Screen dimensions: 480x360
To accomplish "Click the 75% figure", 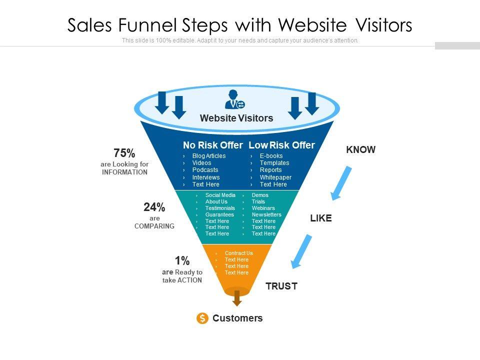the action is pyautogui.click(x=124, y=153).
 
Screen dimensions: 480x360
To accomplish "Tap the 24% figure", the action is pyautogui.click(x=154, y=207).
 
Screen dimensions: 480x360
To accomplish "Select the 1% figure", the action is pyautogui.click(x=182, y=260).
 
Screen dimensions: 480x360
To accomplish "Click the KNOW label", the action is pyautogui.click(x=360, y=149).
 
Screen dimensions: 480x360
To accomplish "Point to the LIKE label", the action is pyautogui.click(x=321, y=218).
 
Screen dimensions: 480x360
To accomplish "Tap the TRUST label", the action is pyautogui.click(x=281, y=286).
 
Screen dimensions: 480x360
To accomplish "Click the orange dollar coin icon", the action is pyautogui.click(x=202, y=318).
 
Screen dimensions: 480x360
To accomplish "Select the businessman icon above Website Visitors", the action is pyautogui.click(x=234, y=99).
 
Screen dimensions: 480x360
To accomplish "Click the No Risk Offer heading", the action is pyautogui.click(x=212, y=145).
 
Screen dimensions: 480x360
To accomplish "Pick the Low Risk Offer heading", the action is pyautogui.click(x=281, y=145).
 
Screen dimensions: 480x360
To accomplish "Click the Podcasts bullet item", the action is pyautogui.click(x=205, y=170).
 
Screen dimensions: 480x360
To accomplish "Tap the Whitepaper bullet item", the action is pyautogui.click(x=275, y=177).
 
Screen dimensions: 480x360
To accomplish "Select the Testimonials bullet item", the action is pyautogui.click(x=220, y=208).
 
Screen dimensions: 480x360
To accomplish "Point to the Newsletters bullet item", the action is pyautogui.click(x=266, y=214).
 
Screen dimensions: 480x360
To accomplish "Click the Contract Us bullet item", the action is pyautogui.click(x=238, y=253).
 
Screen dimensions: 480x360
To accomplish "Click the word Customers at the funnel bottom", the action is pyautogui.click(x=237, y=318).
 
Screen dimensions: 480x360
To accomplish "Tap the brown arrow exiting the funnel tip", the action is pyautogui.click(x=237, y=298).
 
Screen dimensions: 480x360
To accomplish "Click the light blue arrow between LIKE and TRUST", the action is pyautogui.click(x=301, y=251).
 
